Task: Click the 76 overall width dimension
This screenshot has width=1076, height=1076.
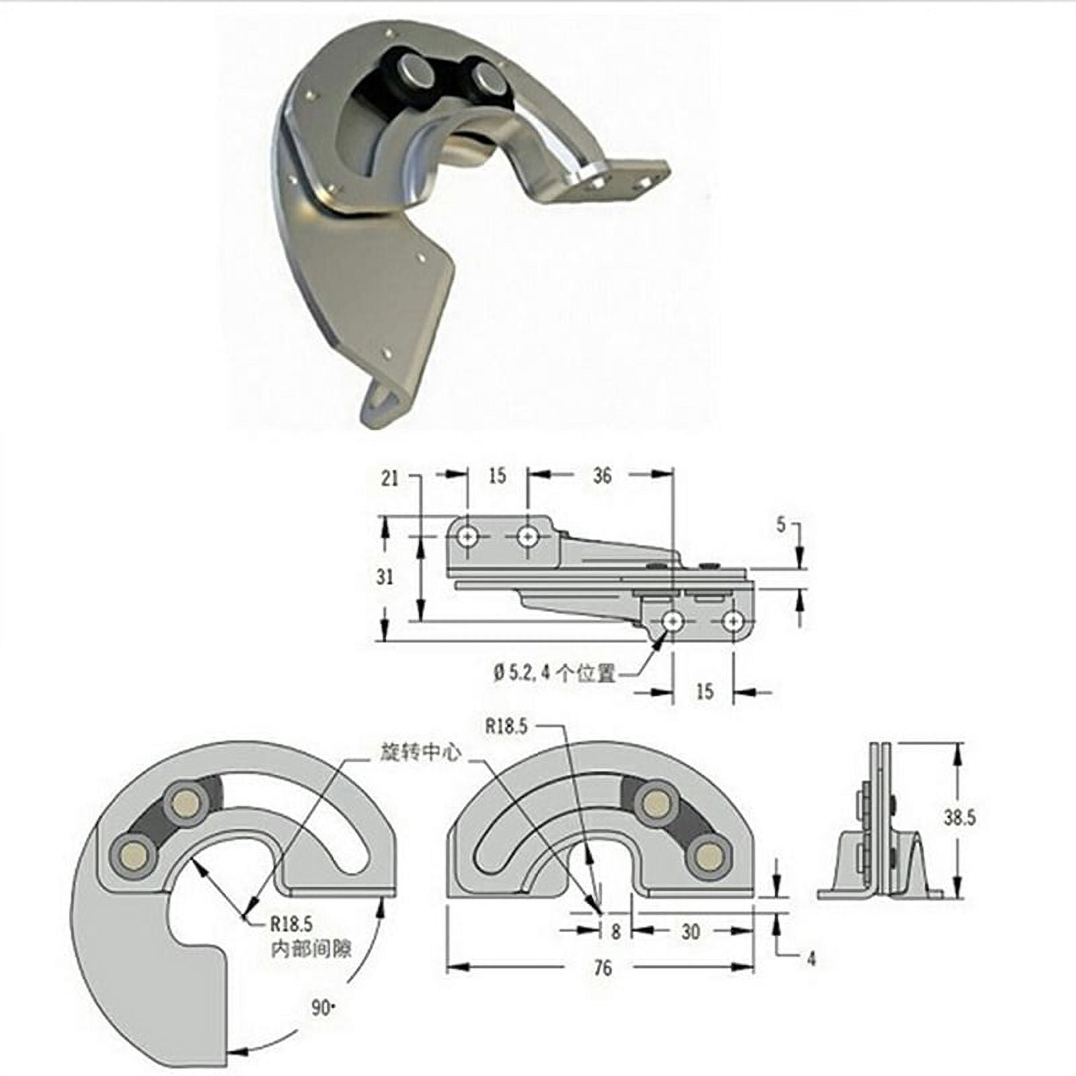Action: [x=603, y=968]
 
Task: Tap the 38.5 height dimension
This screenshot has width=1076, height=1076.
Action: [x=959, y=818]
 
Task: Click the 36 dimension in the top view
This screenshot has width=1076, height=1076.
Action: [x=602, y=475]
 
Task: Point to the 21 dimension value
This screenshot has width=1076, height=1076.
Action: [x=390, y=478]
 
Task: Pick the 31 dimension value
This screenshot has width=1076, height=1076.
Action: [x=385, y=577]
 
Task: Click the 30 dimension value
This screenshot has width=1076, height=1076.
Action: [x=691, y=931]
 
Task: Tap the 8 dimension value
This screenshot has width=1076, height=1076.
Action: [x=615, y=932]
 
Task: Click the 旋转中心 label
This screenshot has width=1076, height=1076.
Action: [x=420, y=753]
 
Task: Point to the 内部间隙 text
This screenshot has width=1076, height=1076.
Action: [x=311, y=949]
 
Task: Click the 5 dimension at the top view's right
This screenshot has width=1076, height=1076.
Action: [x=781, y=525]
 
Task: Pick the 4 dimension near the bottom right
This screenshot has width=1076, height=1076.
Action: [x=811, y=959]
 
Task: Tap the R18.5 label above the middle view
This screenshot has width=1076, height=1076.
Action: [x=506, y=727]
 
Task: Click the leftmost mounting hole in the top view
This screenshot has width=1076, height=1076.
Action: [x=467, y=537]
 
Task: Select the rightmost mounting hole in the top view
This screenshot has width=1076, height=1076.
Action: [x=733, y=621]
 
